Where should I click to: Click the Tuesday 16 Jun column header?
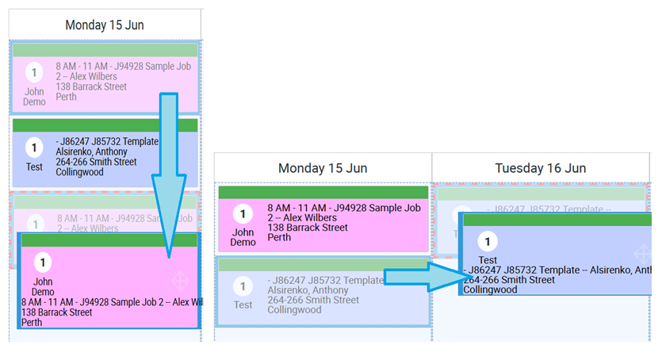coord(540,168)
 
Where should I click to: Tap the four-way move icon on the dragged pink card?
coord(179,280)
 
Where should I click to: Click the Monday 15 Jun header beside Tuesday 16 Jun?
coord(322,168)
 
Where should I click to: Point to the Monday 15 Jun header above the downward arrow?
coord(104,25)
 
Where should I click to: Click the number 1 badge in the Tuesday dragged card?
coord(488,242)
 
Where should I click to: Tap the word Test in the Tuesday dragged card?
coord(488,260)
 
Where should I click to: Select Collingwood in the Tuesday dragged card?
coord(490,289)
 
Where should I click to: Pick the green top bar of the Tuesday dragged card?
coord(555,220)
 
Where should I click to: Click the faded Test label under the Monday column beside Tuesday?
coord(243,304)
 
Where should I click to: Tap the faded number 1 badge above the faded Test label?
coord(243,287)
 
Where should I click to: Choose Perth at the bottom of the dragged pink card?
coord(32,323)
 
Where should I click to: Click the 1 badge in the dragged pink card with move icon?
coord(43,262)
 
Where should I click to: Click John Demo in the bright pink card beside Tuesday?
coord(243,237)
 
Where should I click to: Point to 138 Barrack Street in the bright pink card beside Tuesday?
coord(308,228)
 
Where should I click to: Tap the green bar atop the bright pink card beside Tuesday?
coord(323,192)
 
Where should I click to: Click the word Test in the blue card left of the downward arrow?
coord(34,167)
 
